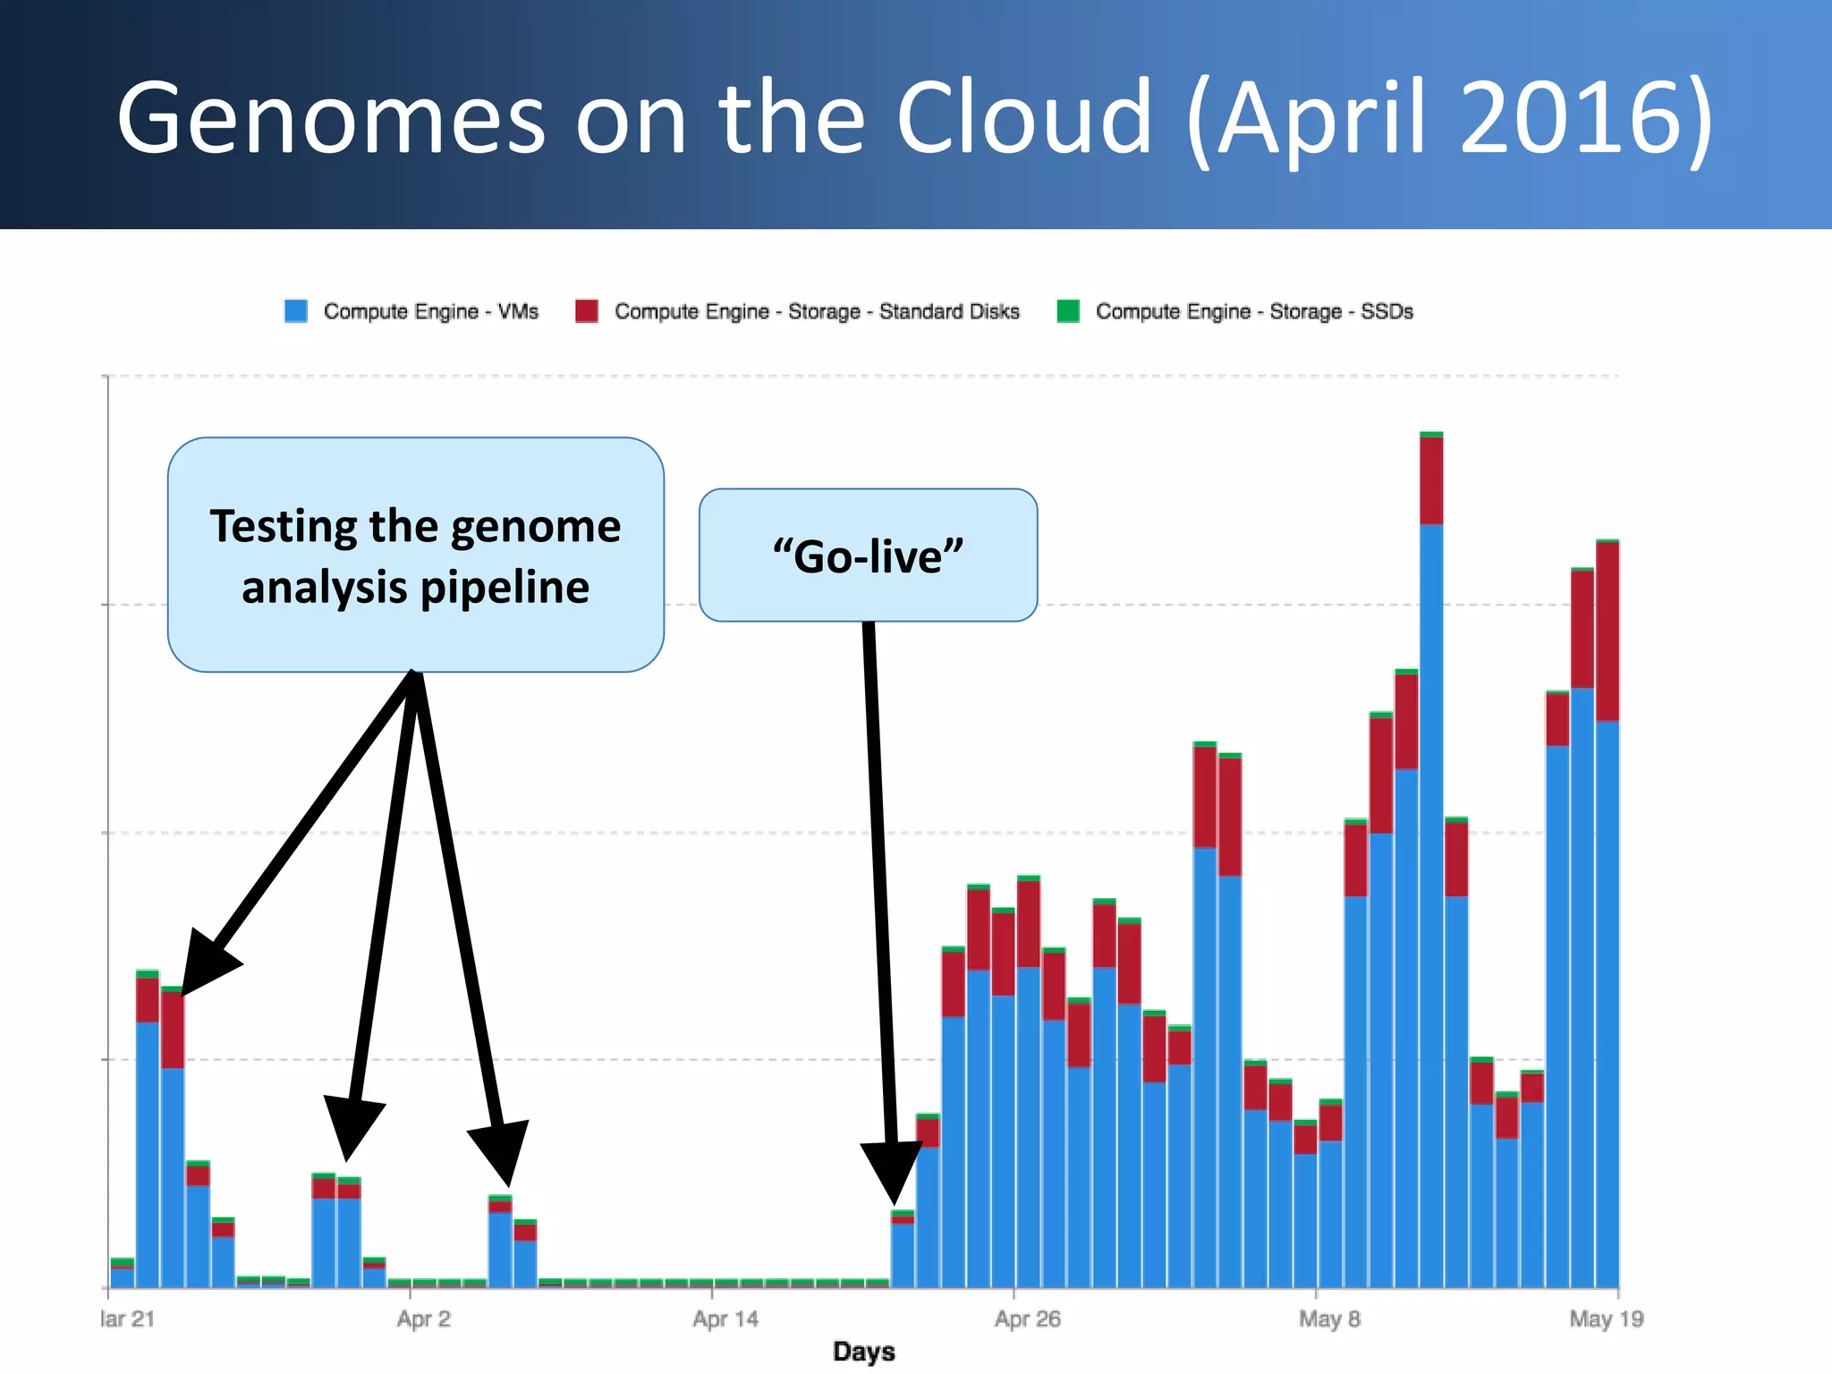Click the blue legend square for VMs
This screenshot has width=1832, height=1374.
tap(296, 311)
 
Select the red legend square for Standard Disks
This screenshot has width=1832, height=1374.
tap(587, 311)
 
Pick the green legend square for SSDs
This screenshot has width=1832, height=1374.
tap(1068, 311)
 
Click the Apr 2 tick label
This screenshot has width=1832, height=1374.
tap(423, 1319)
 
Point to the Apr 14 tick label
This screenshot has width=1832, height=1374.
tap(725, 1319)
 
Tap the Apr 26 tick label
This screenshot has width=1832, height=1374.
tap(1027, 1319)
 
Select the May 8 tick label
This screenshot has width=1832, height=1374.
tap(1329, 1319)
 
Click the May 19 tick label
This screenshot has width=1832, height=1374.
tap(1607, 1319)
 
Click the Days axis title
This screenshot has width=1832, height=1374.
tap(863, 1351)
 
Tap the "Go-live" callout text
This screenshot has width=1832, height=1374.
tap(868, 556)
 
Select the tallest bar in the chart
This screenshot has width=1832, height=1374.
tap(1431, 895)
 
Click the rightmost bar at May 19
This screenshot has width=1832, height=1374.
tap(1607, 984)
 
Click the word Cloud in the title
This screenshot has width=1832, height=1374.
tap(1024, 118)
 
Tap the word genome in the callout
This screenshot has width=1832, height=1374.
tap(536, 526)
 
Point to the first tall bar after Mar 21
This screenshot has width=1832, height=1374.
tap(148, 1145)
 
